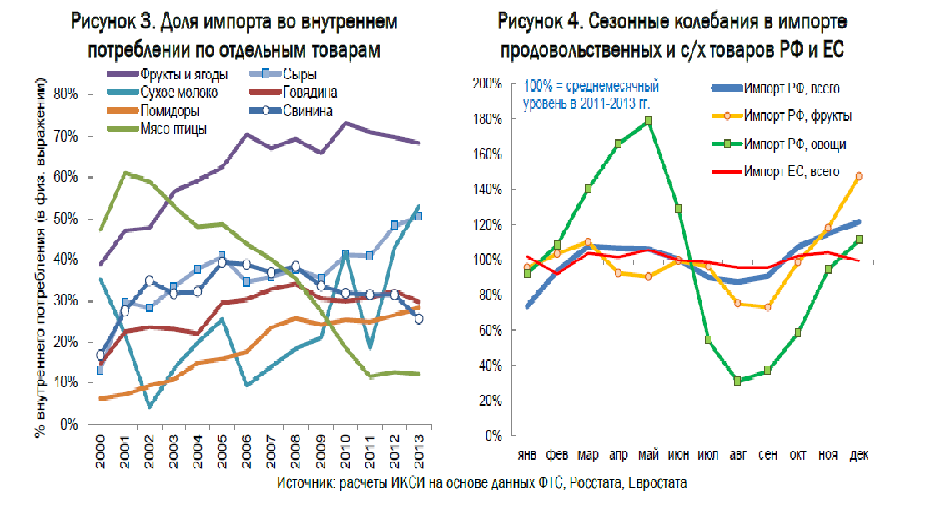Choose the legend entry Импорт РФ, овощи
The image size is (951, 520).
coord(793,144)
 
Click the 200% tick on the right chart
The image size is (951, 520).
coord(486,84)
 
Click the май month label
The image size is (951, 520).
coord(648,455)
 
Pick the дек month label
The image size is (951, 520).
coord(858,455)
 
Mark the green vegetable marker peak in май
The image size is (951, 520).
coord(648,121)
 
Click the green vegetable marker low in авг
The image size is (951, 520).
coord(738,381)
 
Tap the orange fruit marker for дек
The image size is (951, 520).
coord(858,176)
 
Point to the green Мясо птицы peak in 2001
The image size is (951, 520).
coord(125,174)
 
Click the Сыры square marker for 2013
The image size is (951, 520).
coord(419,216)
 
